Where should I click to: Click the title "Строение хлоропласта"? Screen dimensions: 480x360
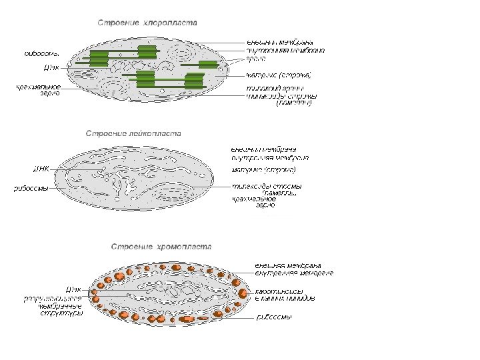coord(147,23)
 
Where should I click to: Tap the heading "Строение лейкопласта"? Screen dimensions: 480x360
coord(133,133)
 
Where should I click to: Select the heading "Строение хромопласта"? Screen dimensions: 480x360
coord(161,247)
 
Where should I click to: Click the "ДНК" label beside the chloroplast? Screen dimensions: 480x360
coord(51,67)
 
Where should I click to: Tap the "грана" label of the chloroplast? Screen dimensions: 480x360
coord(256,59)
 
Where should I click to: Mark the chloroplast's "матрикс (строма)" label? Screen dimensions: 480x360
coord(279,74)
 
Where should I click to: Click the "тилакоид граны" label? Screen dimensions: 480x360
coord(275,88)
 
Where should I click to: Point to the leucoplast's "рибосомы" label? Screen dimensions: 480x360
coord(32,189)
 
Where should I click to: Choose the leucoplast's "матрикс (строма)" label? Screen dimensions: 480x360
coord(265,169)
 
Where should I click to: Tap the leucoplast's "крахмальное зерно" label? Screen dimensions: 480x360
coord(255,201)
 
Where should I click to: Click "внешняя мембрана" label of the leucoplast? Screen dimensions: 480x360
coord(264,149)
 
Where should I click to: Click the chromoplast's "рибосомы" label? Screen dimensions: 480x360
coord(275,317)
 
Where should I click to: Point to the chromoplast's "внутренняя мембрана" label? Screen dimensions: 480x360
coord(294,273)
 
